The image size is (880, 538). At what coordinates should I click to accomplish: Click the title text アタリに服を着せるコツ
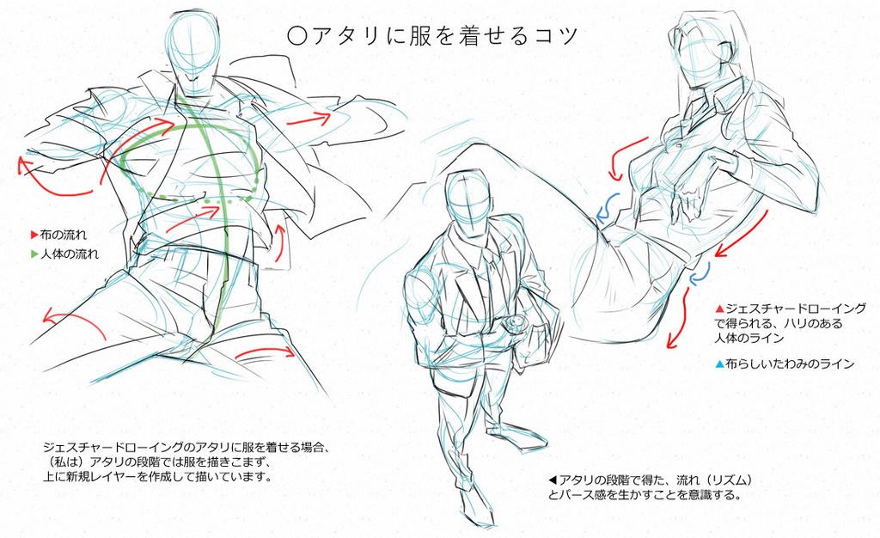444,36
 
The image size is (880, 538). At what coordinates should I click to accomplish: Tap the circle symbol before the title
296,36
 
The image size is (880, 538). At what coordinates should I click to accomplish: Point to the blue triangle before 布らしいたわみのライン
719,364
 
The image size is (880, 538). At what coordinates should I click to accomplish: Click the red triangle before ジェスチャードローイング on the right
719,309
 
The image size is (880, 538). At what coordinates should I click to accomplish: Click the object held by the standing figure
516,323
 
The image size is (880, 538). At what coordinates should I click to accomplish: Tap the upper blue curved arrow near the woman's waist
608,209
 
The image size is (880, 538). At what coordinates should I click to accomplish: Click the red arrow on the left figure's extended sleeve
309,119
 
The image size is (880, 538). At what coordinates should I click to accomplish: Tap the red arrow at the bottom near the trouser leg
265,352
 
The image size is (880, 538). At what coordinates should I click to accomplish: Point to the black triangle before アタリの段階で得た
553,480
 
